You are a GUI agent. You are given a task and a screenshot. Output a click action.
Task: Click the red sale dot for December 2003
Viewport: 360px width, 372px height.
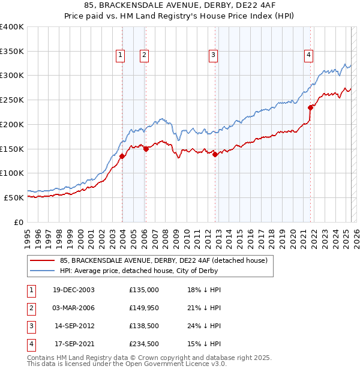(122, 156)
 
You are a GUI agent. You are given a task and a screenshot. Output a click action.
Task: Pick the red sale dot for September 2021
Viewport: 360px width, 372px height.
(311, 108)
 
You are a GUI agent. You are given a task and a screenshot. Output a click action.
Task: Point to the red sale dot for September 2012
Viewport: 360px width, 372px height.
(215, 154)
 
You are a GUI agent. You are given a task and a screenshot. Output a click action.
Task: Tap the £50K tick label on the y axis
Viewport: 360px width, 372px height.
(14, 197)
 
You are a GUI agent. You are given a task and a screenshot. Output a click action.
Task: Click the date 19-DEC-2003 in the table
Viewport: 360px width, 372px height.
(74, 289)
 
